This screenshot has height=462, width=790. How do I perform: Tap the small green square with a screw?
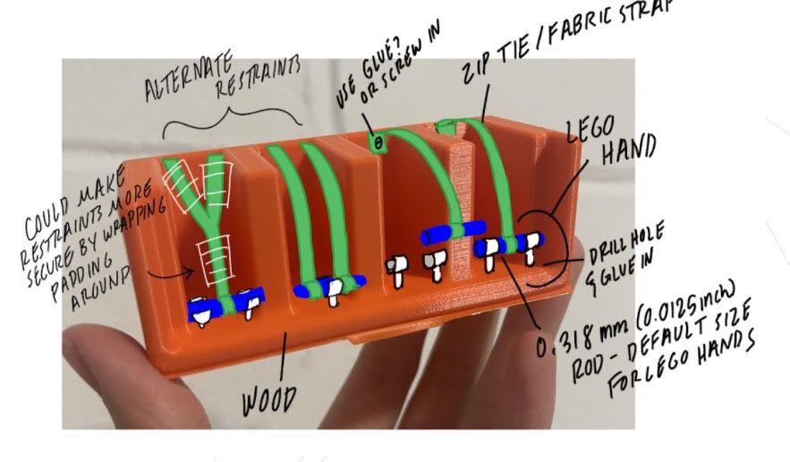(x=378, y=141)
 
